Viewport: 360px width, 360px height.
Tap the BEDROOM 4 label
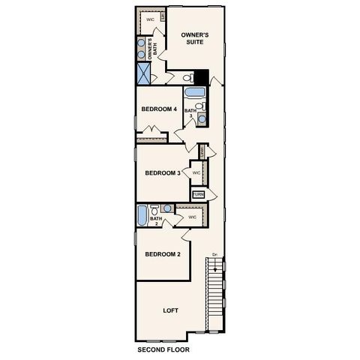(x=159, y=109)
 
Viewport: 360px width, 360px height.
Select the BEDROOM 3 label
(x=163, y=172)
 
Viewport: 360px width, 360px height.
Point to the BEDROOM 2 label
(x=162, y=254)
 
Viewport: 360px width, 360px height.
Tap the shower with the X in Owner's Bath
(x=143, y=73)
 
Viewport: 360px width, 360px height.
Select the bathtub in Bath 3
(x=194, y=94)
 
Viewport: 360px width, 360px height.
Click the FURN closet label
(x=198, y=194)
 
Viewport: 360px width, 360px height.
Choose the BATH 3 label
(x=191, y=113)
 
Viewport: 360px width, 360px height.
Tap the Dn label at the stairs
(x=214, y=253)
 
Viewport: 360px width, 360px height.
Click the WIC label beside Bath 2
(x=192, y=217)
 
